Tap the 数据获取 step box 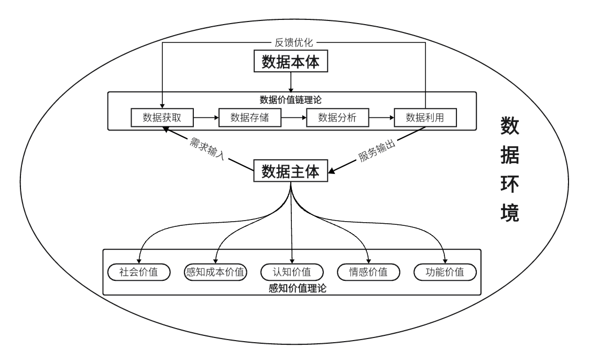162,118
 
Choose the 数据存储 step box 249,118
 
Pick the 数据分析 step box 337,118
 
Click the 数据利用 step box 425,118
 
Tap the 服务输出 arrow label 377,151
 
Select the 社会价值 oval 139,272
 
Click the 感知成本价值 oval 215,272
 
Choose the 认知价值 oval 292,272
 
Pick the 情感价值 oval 368,272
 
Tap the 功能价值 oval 445,272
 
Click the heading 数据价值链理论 291,100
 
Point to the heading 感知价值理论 297,288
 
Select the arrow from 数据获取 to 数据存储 206,118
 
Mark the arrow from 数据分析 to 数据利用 381,118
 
